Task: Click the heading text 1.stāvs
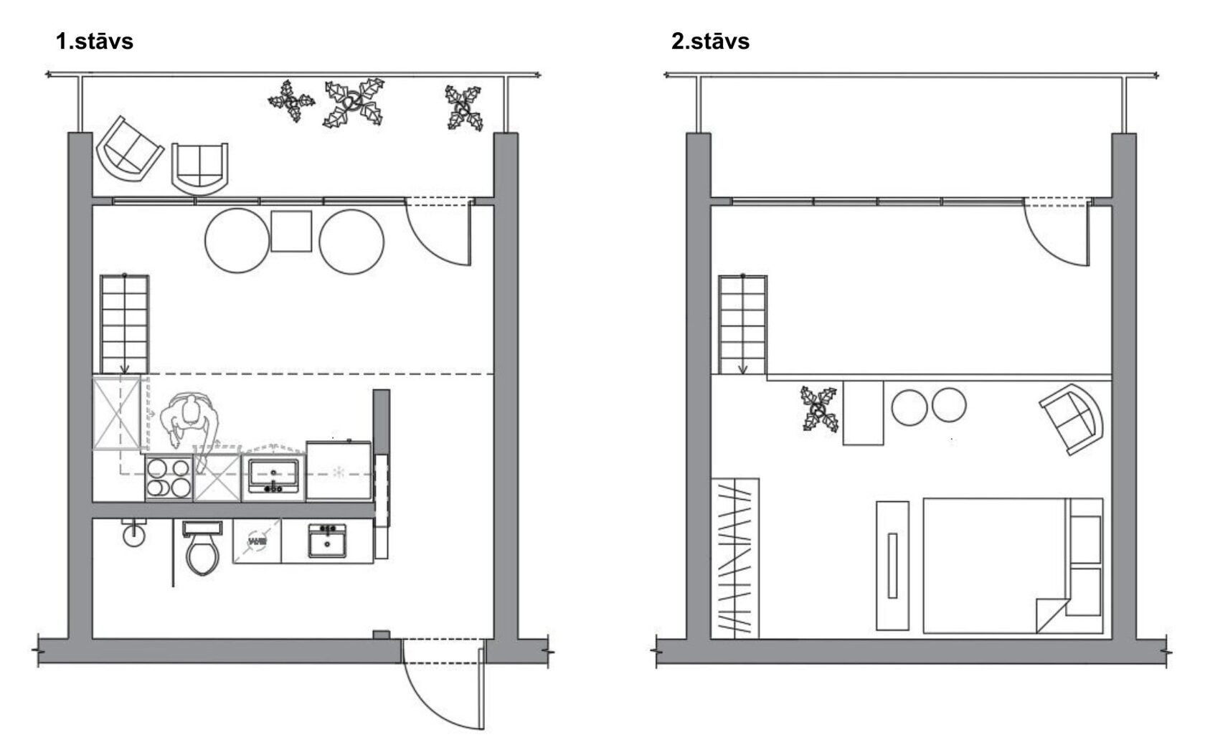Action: pyautogui.click(x=95, y=42)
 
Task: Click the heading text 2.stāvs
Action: pyautogui.click(x=710, y=42)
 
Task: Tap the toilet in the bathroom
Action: pyautogui.click(x=202, y=548)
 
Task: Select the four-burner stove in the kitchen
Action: pyautogui.click(x=169, y=478)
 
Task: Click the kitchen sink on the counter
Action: pyautogui.click(x=273, y=475)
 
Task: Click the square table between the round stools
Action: pyautogui.click(x=291, y=231)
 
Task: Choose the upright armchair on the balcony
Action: pyautogui.click(x=199, y=168)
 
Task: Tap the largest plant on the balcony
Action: pyautogui.click(x=354, y=103)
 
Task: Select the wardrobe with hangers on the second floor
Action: pyautogui.click(x=734, y=558)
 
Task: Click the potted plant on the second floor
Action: pyautogui.click(x=819, y=409)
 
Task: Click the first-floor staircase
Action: pyautogui.click(x=124, y=324)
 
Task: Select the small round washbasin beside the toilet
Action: pyautogui.click(x=134, y=534)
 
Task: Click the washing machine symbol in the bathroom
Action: pyautogui.click(x=257, y=541)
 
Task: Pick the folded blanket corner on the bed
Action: pyautogui.click(x=1052, y=615)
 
